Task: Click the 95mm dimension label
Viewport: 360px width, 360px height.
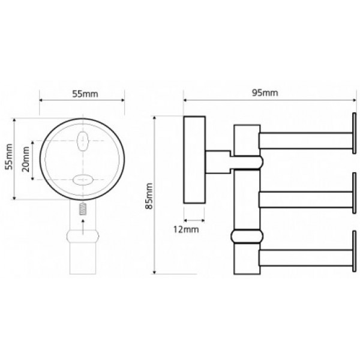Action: click(265, 93)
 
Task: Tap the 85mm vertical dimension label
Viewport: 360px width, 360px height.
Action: click(149, 196)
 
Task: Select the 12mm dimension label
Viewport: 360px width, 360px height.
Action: click(186, 229)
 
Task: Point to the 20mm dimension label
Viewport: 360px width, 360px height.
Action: click(26, 159)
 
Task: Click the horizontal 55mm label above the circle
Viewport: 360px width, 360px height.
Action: click(85, 94)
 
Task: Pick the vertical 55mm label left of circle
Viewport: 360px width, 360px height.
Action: click(9, 157)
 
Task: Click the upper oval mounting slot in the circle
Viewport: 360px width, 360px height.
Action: click(82, 141)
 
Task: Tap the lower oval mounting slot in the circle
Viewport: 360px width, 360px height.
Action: click(82, 180)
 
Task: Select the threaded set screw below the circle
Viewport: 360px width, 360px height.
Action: click(83, 209)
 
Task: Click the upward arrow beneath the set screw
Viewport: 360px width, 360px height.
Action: click(83, 227)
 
